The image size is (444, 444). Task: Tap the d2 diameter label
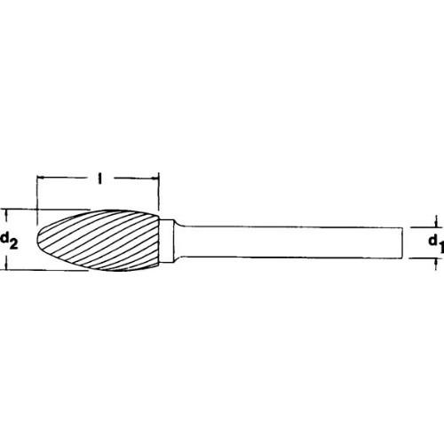(12, 240)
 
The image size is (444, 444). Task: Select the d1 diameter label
(431, 242)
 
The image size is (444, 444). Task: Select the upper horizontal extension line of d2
(22, 209)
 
